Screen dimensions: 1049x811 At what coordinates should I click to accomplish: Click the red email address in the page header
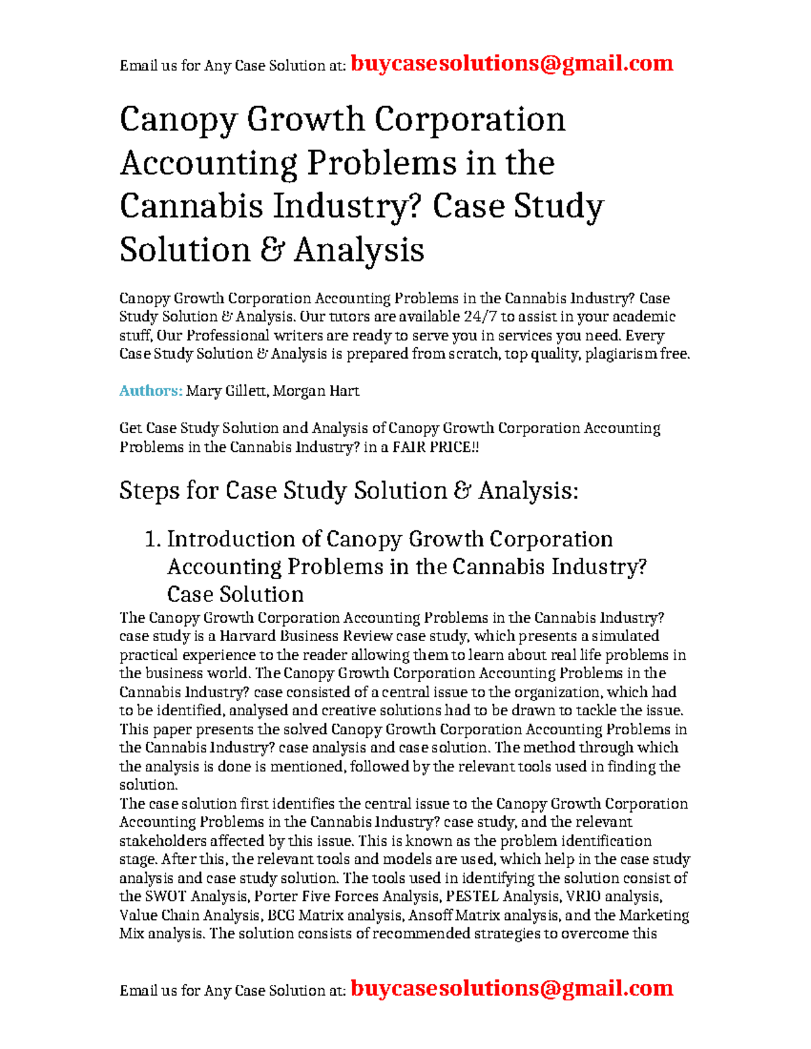click(512, 63)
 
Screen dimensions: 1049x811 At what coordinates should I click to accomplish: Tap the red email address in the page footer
click(512, 988)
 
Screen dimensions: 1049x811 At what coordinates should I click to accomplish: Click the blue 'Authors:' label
click(151, 391)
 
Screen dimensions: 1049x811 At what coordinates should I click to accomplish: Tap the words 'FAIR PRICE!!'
click(435, 447)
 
